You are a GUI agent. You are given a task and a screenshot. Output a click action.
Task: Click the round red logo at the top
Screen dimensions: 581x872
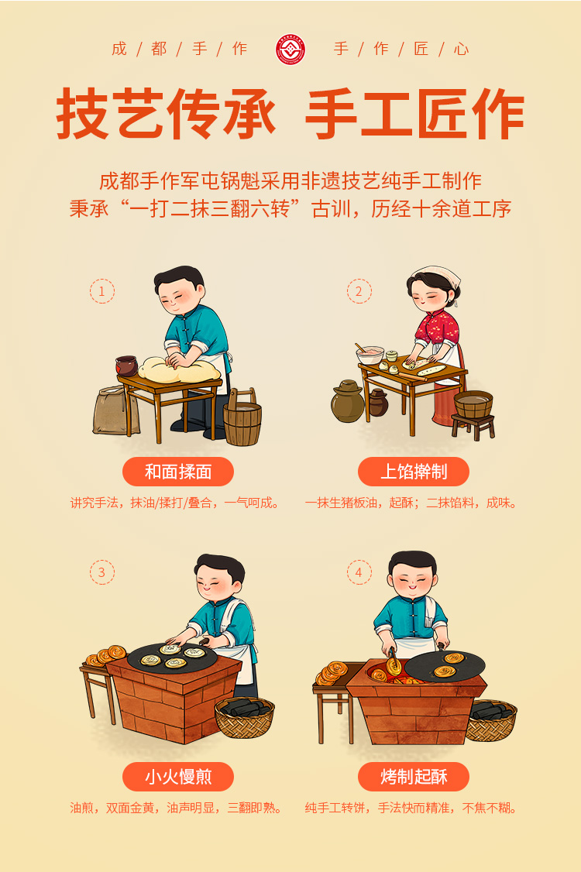coord(290,50)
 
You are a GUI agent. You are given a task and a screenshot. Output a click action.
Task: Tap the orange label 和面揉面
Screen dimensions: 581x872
coord(178,472)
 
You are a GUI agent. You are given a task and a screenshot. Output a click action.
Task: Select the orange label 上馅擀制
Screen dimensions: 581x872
coord(414,472)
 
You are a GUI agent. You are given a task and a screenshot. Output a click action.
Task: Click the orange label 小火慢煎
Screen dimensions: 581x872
coord(178,776)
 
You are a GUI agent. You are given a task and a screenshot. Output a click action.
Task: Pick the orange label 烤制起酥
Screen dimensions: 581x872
coord(414,776)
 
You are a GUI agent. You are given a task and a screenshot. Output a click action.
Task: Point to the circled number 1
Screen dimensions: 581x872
coord(101,291)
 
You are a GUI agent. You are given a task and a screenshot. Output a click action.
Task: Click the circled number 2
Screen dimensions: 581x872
coord(359,291)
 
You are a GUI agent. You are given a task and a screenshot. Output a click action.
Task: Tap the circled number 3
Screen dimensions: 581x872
coord(101,572)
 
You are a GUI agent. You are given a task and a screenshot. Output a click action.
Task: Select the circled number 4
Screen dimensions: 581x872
coord(359,572)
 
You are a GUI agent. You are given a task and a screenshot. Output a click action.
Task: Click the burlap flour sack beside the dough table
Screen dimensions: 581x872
coord(115,410)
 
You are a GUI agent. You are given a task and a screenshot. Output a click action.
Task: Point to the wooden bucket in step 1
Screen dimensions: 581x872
coord(242,418)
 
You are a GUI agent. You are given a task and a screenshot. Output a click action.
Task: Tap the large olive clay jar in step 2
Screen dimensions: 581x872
coord(348,401)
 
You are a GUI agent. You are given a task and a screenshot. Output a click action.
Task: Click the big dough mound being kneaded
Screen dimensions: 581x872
coord(179,370)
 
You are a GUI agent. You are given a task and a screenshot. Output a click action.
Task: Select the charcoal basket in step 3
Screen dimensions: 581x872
coord(245,717)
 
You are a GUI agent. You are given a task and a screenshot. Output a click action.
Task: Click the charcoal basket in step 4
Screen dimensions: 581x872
coord(492,720)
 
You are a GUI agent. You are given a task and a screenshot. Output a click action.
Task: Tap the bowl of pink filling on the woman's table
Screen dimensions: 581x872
coord(370,354)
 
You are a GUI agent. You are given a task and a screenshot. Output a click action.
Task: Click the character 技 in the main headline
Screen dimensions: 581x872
coord(82,114)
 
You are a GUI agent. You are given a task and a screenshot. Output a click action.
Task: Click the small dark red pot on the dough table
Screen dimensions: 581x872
coord(126,366)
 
